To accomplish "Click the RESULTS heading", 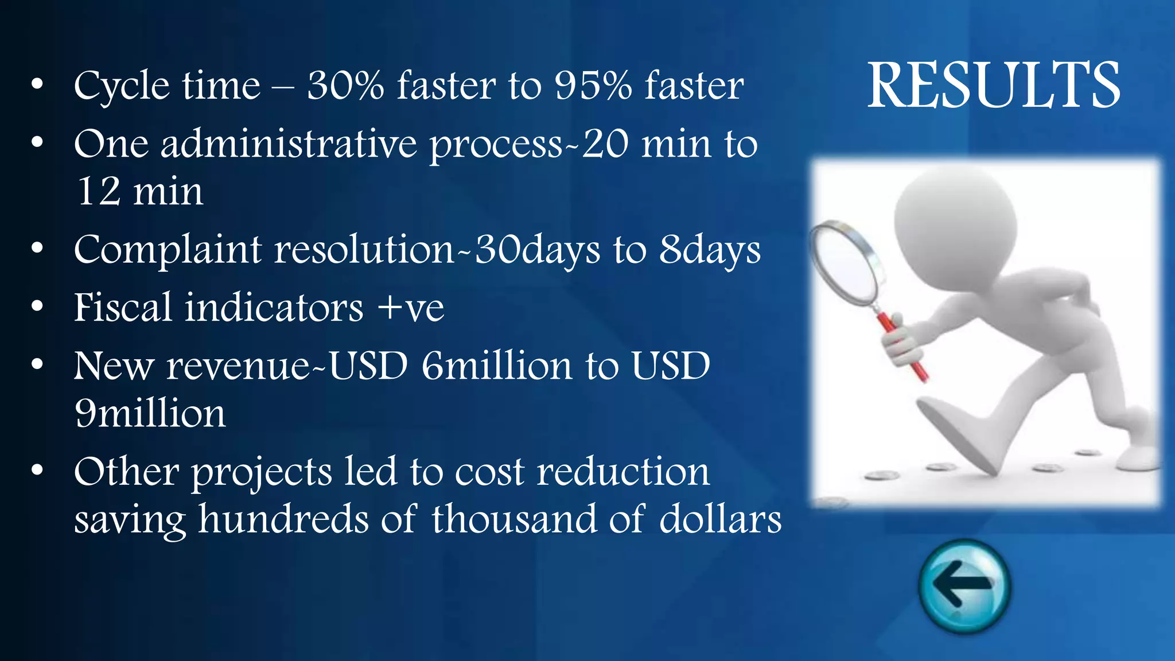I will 993,85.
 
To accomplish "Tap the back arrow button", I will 964,586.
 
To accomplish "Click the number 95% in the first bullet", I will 593,85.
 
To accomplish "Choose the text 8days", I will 710,250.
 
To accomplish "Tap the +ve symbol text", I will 411,308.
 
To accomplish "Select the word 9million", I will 150,413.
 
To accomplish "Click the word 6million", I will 497,366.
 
